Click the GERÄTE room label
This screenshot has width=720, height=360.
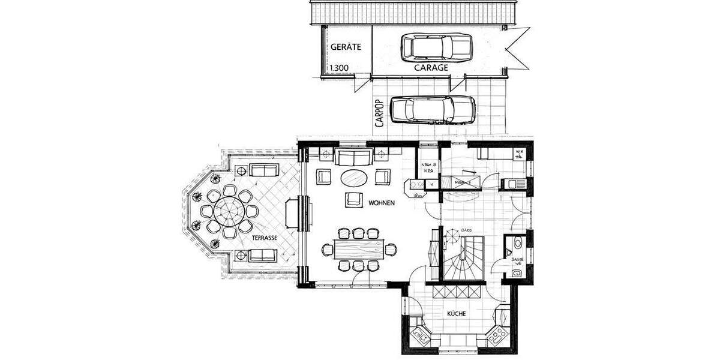[345, 47]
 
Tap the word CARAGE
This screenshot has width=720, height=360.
[431, 68]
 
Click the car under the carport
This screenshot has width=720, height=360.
[432, 109]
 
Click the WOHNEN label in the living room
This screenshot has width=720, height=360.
[382, 204]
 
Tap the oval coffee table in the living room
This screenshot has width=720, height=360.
[355, 178]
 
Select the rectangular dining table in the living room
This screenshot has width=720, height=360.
[358, 248]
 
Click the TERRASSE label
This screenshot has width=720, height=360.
[264, 238]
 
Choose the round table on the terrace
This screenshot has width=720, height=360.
[228, 211]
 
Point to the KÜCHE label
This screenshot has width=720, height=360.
[457, 314]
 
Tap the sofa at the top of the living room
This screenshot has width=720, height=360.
[354, 158]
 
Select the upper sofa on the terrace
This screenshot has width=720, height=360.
[263, 170]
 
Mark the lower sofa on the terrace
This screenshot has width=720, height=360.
[263, 255]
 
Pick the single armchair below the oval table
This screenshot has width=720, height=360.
[353, 200]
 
